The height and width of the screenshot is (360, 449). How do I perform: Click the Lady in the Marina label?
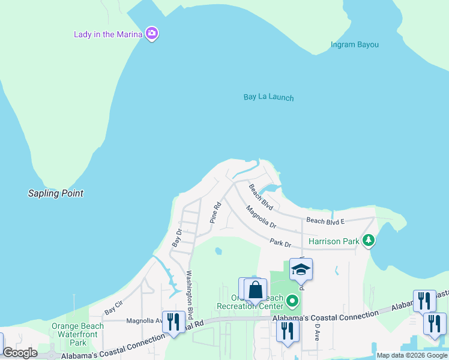pyautogui.click(x=108, y=34)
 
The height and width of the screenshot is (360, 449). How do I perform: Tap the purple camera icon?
pyautogui.click(x=152, y=34)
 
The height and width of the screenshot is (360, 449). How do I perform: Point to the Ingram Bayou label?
pyautogui.click(x=355, y=44)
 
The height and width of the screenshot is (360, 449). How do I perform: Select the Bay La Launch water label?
pyautogui.click(x=269, y=97)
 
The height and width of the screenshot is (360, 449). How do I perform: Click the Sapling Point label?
pyautogui.click(x=56, y=193)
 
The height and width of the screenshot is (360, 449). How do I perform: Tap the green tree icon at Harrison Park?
pyautogui.click(x=369, y=241)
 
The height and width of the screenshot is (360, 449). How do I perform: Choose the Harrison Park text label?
pyautogui.click(x=334, y=242)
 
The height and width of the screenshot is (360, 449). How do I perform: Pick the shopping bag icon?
pyautogui.click(x=256, y=289)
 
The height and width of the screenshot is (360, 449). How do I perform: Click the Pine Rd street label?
pyautogui.click(x=215, y=212)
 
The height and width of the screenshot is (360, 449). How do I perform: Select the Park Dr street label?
pyautogui.click(x=280, y=243)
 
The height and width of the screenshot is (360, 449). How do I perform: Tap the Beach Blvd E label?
pyautogui.click(x=325, y=221)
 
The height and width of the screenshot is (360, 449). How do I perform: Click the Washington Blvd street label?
pyautogui.click(x=189, y=295)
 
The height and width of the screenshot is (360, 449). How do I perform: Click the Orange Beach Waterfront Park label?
pyautogui.click(x=77, y=335)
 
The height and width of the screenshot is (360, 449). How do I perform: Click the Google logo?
pyautogui.click(x=20, y=353)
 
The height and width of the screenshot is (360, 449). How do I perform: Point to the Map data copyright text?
pyautogui.click(x=412, y=355)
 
